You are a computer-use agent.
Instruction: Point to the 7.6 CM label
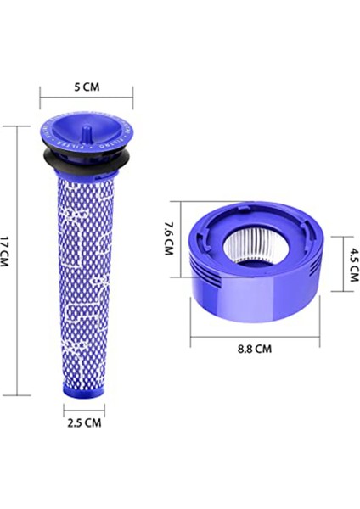(x=168, y=240)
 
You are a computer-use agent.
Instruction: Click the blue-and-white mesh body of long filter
(x=87, y=271)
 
